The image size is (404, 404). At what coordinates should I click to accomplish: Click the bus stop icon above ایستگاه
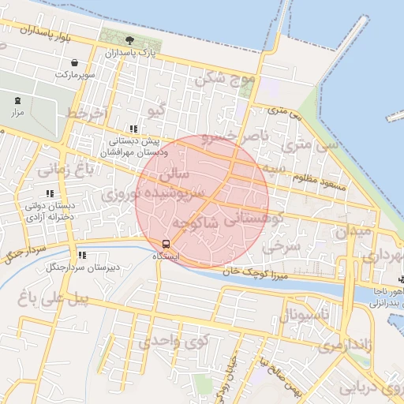pyautogui.click(x=166, y=243)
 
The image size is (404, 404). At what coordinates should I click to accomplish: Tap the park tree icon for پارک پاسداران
pyautogui.click(x=129, y=39)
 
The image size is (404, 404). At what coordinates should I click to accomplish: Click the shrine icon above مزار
pyautogui.click(x=17, y=100)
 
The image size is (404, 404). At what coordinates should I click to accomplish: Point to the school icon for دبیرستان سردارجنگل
pyautogui.click(x=82, y=255)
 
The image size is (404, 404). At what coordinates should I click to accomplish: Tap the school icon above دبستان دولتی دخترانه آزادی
pyautogui.click(x=50, y=193)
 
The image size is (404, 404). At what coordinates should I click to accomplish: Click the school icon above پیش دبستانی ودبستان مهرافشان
pyautogui.click(x=133, y=129)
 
